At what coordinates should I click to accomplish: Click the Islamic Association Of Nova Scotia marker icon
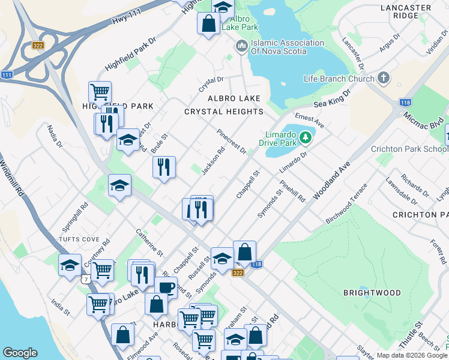(x=241, y=46)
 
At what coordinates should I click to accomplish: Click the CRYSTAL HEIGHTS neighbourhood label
(x=223, y=112)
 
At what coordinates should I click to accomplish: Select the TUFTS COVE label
(x=80, y=239)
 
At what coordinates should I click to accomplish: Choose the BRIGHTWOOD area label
(x=372, y=293)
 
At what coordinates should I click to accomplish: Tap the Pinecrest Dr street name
(x=232, y=141)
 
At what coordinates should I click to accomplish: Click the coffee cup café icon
(x=166, y=287)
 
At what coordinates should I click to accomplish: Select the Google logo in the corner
(x=20, y=353)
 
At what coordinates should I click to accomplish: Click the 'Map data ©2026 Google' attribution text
(x=411, y=355)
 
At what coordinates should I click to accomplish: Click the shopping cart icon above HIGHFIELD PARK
(x=100, y=92)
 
